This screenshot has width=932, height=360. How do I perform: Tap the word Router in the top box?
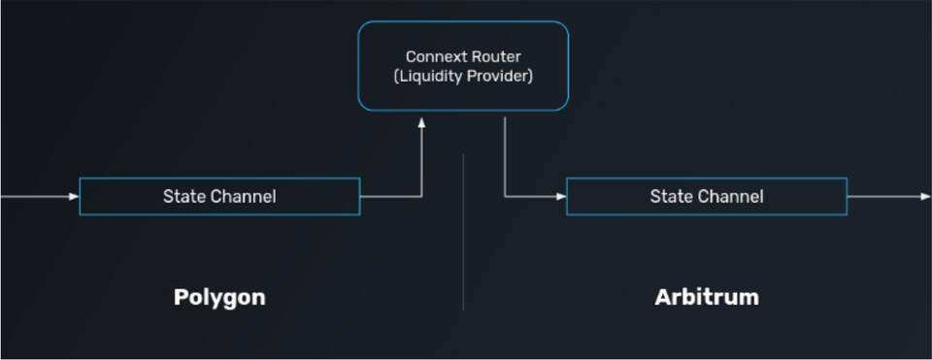pyautogui.click(x=496, y=57)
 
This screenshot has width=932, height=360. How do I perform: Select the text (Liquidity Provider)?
pyautogui.click(x=463, y=76)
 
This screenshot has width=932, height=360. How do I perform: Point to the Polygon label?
pyautogui.click(x=219, y=297)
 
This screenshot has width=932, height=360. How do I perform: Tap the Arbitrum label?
pyautogui.click(x=707, y=297)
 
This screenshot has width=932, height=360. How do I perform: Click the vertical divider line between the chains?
pyautogui.click(x=463, y=233)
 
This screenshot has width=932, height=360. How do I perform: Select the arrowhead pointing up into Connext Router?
pyautogui.click(x=422, y=123)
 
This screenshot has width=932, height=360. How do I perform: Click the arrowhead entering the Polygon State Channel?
pyautogui.click(x=75, y=197)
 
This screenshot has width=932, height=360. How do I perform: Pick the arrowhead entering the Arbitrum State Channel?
pyautogui.click(x=561, y=197)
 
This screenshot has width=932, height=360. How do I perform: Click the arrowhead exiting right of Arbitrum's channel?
pyautogui.click(x=925, y=197)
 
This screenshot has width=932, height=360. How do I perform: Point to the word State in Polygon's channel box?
pyautogui.click(x=185, y=197)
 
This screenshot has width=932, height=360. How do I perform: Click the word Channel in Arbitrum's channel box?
pyautogui.click(x=730, y=197)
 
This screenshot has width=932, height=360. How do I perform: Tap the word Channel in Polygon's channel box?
pyautogui.click(x=243, y=197)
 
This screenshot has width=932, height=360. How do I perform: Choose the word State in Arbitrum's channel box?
pyautogui.click(x=672, y=197)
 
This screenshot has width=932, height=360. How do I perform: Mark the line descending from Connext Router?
pyautogui.click(x=505, y=155)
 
